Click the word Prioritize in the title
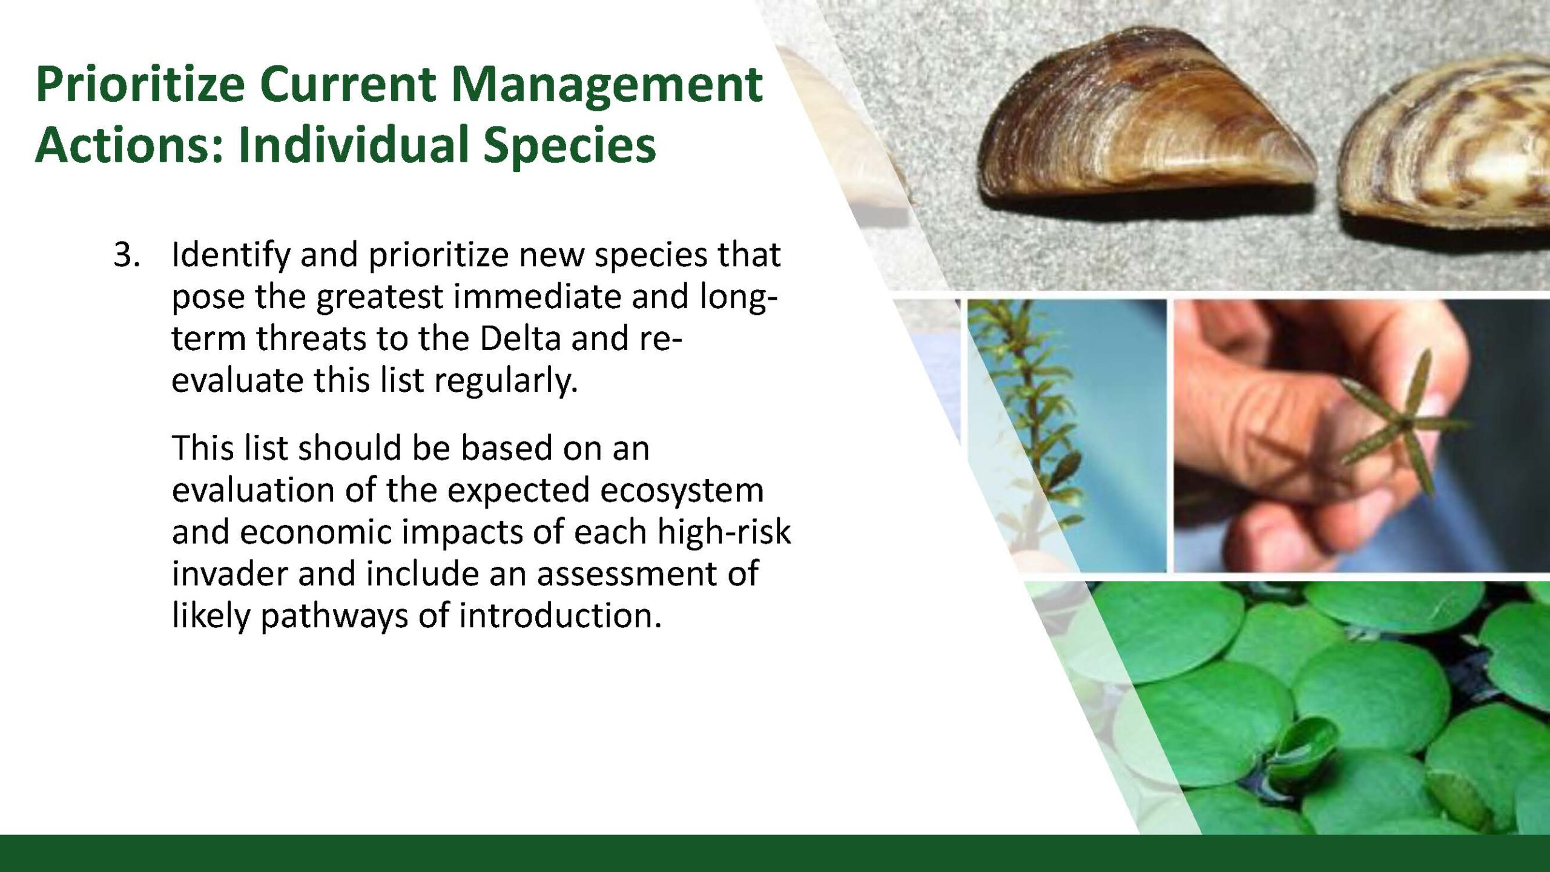[x=140, y=84]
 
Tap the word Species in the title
[x=570, y=146]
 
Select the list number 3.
[x=127, y=254]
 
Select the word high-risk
[x=724, y=532]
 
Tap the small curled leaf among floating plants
[x=1302, y=748]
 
